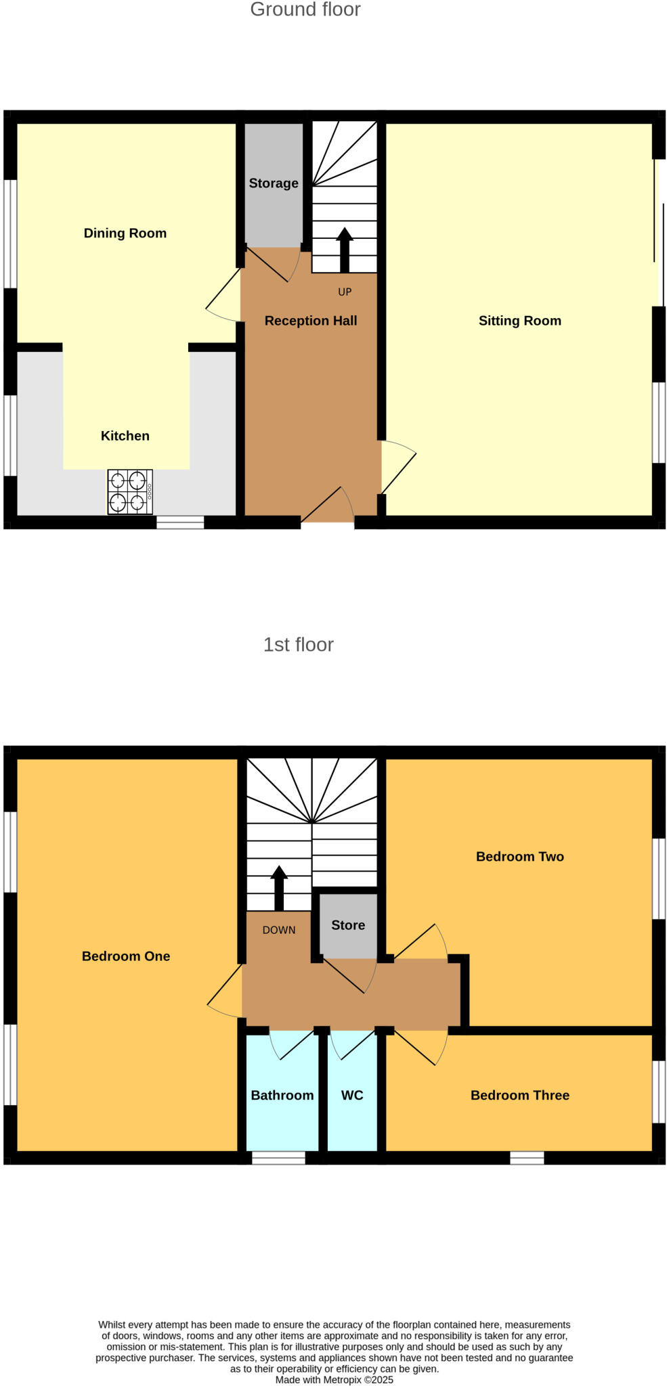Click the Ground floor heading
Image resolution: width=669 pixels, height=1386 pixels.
pos(305,9)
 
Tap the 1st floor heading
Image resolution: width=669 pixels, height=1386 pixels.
pos(298,644)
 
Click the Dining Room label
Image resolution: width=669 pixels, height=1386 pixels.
pos(125,233)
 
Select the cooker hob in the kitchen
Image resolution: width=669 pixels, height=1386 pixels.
pos(130,492)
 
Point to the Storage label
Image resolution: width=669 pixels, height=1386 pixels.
pos(274,183)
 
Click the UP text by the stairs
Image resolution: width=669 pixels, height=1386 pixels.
pos(345,292)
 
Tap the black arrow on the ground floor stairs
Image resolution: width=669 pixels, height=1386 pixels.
pos(345,248)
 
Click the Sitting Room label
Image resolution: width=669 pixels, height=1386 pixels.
pos(519,321)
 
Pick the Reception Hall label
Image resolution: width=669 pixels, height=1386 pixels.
pos(311,321)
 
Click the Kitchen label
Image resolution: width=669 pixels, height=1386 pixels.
pos(125,436)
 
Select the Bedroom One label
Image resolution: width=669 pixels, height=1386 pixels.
pos(126,956)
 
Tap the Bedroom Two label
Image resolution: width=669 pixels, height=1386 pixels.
pos(519,857)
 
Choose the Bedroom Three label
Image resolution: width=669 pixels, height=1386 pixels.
pos(519,1095)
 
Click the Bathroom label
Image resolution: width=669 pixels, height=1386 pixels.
pos(282,1095)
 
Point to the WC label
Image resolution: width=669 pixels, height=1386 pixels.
pos(352,1095)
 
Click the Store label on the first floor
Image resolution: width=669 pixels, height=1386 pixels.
pos(348,925)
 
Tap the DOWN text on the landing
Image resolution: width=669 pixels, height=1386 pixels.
pos(279,930)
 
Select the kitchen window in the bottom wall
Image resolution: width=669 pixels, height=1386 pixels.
pos(180,522)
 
